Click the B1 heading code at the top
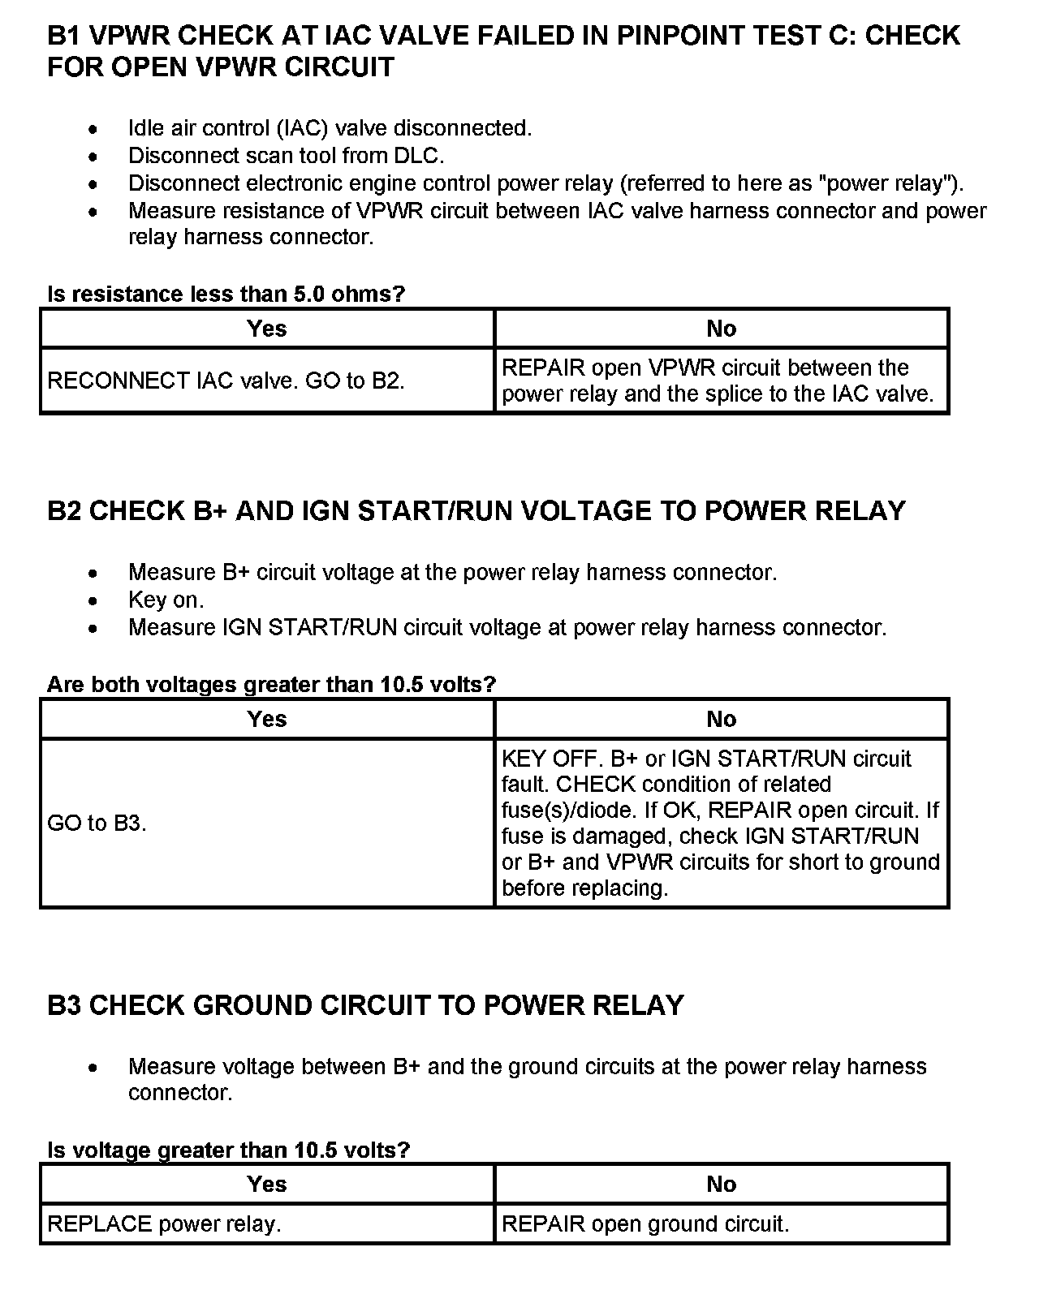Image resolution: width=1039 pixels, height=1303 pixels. coord(65,37)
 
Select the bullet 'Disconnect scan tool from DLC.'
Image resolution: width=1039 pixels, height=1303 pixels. coord(286,156)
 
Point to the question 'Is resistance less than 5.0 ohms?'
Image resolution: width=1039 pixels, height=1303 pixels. coord(226,294)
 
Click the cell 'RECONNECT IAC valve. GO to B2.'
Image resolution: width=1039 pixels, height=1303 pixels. coord(226,381)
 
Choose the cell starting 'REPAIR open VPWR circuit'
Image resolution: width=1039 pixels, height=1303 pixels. coord(718,381)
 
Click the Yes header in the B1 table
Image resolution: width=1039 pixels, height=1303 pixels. coord(267,329)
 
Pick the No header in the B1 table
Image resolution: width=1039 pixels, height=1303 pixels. coord(721,329)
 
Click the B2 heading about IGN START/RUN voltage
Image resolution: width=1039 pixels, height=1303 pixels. coord(476,511)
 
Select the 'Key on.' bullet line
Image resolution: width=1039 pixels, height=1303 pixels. coord(166,600)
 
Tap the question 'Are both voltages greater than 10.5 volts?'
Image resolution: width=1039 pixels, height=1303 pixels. coord(271,685)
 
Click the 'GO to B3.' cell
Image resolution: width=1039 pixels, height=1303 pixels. coord(97,824)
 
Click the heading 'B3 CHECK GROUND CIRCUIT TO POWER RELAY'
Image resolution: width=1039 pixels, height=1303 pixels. coord(365,1006)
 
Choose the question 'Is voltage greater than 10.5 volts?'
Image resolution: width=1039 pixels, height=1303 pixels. coord(229,1150)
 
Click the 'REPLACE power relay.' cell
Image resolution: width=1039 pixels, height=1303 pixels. coord(164,1224)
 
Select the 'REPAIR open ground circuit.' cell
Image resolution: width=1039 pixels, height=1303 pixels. coord(645,1224)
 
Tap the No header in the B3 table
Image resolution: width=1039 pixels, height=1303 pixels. coord(721,1185)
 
